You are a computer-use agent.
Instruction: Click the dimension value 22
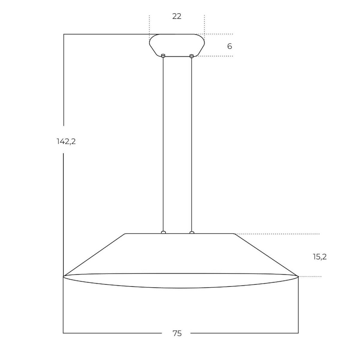point(177,16)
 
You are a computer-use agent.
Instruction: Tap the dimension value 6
point(229,46)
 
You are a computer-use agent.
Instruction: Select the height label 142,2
point(66,142)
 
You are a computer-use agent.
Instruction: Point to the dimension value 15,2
point(320,257)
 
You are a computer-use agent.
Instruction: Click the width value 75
point(177,333)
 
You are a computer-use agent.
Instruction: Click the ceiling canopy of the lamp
point(177,45)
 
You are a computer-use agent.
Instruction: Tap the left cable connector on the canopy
point(163,56)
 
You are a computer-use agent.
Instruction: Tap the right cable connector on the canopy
point(191,56)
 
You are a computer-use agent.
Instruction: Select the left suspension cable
point(163,145)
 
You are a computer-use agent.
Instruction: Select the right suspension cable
point(191,145)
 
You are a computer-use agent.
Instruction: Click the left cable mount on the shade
point(164,232)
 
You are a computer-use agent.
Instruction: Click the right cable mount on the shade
point(192,232)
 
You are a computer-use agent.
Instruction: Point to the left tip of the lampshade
point(64,277)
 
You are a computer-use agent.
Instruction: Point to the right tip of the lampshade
point(298,277)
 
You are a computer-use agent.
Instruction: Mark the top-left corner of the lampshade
point(126,234)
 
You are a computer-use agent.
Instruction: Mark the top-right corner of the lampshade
point(234,234)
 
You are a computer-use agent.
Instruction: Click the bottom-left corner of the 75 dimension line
point(63,333)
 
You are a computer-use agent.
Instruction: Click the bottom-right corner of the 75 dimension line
point(298,333)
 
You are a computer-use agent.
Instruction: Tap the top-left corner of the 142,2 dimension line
point(64,34)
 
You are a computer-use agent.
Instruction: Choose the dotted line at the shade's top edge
point(278,234)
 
